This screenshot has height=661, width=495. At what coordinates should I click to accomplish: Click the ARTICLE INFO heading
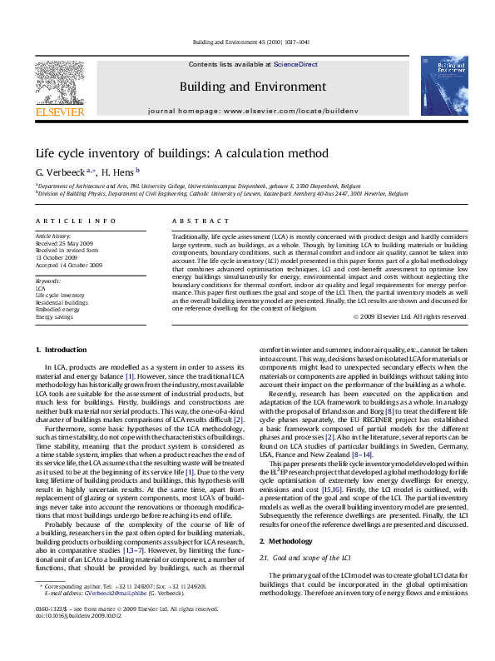coord(76,221)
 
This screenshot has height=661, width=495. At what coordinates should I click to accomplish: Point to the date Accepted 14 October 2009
coord(68,265)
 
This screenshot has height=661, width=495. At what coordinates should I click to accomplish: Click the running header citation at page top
coord(250,41)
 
